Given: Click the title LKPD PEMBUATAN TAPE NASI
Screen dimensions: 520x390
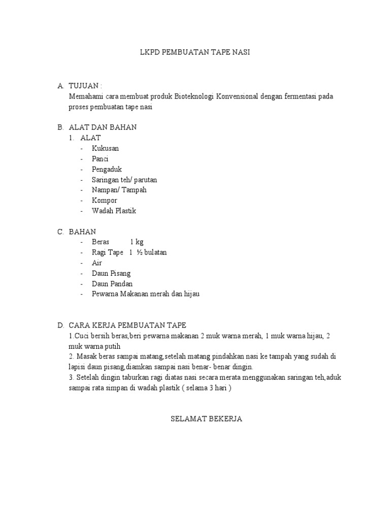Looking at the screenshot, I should pyautogui.click(x=195, y=52).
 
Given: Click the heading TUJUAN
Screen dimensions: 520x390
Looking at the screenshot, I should pyautogui.click(x=87, y=86).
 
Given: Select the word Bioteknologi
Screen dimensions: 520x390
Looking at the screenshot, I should pyautogui.click(x=194, y=96).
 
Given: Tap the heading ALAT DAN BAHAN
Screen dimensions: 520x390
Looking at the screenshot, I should pyautogui.click(x=103, y=127).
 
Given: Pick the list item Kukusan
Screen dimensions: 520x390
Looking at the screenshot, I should pyautogui.click(x=105, y=148).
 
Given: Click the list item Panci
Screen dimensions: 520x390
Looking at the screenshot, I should pyautogui.click(x=100, y=159).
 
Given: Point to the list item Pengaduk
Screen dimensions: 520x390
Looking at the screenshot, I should pyautogui.click(x=107, y=169).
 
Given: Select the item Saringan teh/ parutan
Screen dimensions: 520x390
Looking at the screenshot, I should pyautogui.click(x=128, y=180).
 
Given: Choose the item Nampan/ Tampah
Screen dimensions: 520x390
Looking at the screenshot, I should pyautogui.click(x=119, y=190).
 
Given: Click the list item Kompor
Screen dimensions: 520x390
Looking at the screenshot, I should pyautogui.click(x=104, y=200).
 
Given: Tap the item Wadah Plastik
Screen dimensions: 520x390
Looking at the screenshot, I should pyautogui.click(x=114, y=211).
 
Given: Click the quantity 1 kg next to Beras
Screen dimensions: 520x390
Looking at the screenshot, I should pyautogui.click(x=137, y=242).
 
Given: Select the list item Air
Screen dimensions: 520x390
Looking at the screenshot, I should pyautogui.click(x=97, y=263).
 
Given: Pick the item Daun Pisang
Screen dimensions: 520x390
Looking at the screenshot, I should pyautogui.click(x=111, y=273).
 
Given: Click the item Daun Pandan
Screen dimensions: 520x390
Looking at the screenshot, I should pyautogui.click(x=112, y=283).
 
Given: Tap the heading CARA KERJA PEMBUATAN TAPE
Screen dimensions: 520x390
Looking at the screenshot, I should pyautogui.click(x=127, y=325).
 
